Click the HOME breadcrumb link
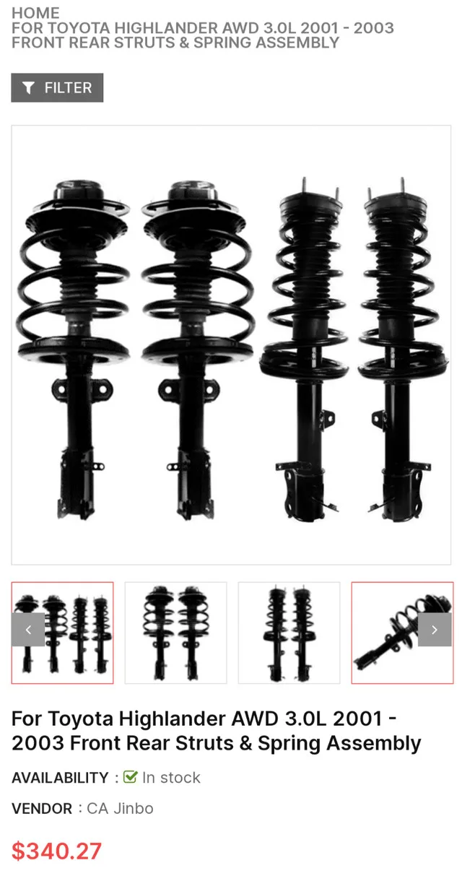click(x=35, y=12)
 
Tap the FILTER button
click(x=57, y=87)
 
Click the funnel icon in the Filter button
click(x=29, y=88)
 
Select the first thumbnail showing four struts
click(x=62, y=633)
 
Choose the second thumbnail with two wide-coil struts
click(x=175, y=633)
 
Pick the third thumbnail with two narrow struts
click(x=289, y=633)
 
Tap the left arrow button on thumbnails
click(x=28, y=630)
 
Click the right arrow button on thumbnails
click(x=435, y=630)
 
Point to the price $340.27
click(x=56, y=851)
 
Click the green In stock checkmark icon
click(x=131, y=777)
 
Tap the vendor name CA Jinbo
click(x=120, y=808)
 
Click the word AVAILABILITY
click(x=60, y=778)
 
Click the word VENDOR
click(x=42, y=809)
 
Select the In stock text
click(x=171, y=778)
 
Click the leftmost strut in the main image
click(x=74, y=347)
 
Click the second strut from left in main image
click(x=196, y=347)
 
